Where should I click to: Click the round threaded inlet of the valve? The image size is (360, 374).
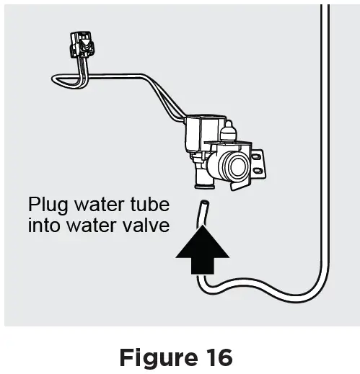[234, 167]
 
